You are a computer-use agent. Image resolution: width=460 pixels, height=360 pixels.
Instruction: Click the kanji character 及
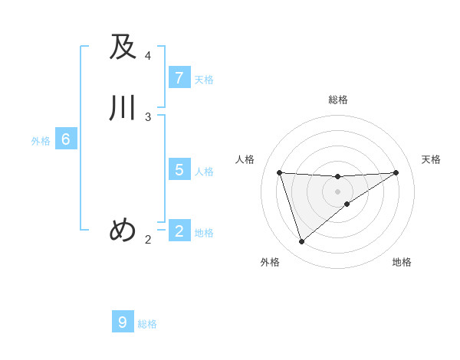pos(123,47)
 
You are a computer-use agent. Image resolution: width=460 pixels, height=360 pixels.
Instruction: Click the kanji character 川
pos(123,108)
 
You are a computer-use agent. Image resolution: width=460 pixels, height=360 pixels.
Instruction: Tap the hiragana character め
pos(123,229)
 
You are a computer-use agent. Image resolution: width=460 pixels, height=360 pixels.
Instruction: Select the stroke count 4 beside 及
pos(148,56)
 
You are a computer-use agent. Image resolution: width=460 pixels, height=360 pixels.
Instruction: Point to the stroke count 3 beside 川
pos(148,116)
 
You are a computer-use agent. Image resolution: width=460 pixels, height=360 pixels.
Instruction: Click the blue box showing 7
pos(179,78)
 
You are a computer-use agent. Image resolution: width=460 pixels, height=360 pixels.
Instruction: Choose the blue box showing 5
pos(179,170)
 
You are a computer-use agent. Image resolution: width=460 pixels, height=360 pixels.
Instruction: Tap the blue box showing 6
pos(65,139)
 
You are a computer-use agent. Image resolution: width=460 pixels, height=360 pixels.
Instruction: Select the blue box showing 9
pos(123,322)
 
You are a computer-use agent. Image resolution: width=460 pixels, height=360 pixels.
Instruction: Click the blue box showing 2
pos(179,231)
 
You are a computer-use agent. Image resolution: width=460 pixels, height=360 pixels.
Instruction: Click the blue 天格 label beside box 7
pos(204,80)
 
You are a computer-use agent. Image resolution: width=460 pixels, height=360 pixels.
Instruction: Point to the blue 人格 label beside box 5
pos(204,172)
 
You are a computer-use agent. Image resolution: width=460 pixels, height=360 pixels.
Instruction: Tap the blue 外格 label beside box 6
pos(41,141)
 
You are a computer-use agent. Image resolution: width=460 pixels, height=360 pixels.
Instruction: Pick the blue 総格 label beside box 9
pos(147,324)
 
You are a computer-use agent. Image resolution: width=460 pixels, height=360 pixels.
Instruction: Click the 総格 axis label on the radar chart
pos(338,100)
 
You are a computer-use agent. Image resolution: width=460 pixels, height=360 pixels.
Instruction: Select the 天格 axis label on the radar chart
pos(431,159)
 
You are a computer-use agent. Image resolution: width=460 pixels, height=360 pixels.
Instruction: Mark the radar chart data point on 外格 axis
pos(301,242)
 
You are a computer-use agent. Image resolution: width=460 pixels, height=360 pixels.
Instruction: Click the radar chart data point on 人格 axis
pos(279,172)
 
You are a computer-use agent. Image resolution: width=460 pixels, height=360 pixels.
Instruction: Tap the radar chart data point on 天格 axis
pos(396,172)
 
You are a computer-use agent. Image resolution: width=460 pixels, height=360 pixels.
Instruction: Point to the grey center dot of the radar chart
pos(337,191)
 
